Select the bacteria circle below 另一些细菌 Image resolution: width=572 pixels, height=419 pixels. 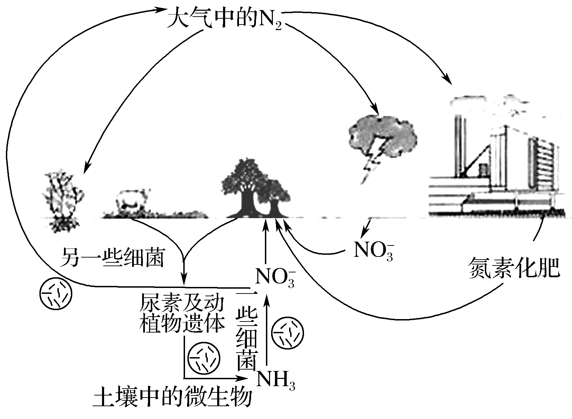56,294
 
